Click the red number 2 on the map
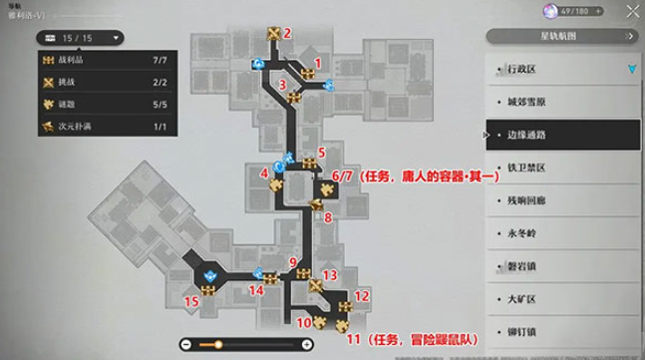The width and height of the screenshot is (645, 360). click(x=287, y=32)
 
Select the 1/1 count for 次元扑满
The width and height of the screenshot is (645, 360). click(x=161, y=126)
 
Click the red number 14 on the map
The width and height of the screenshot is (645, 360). click(x=256, y=290)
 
